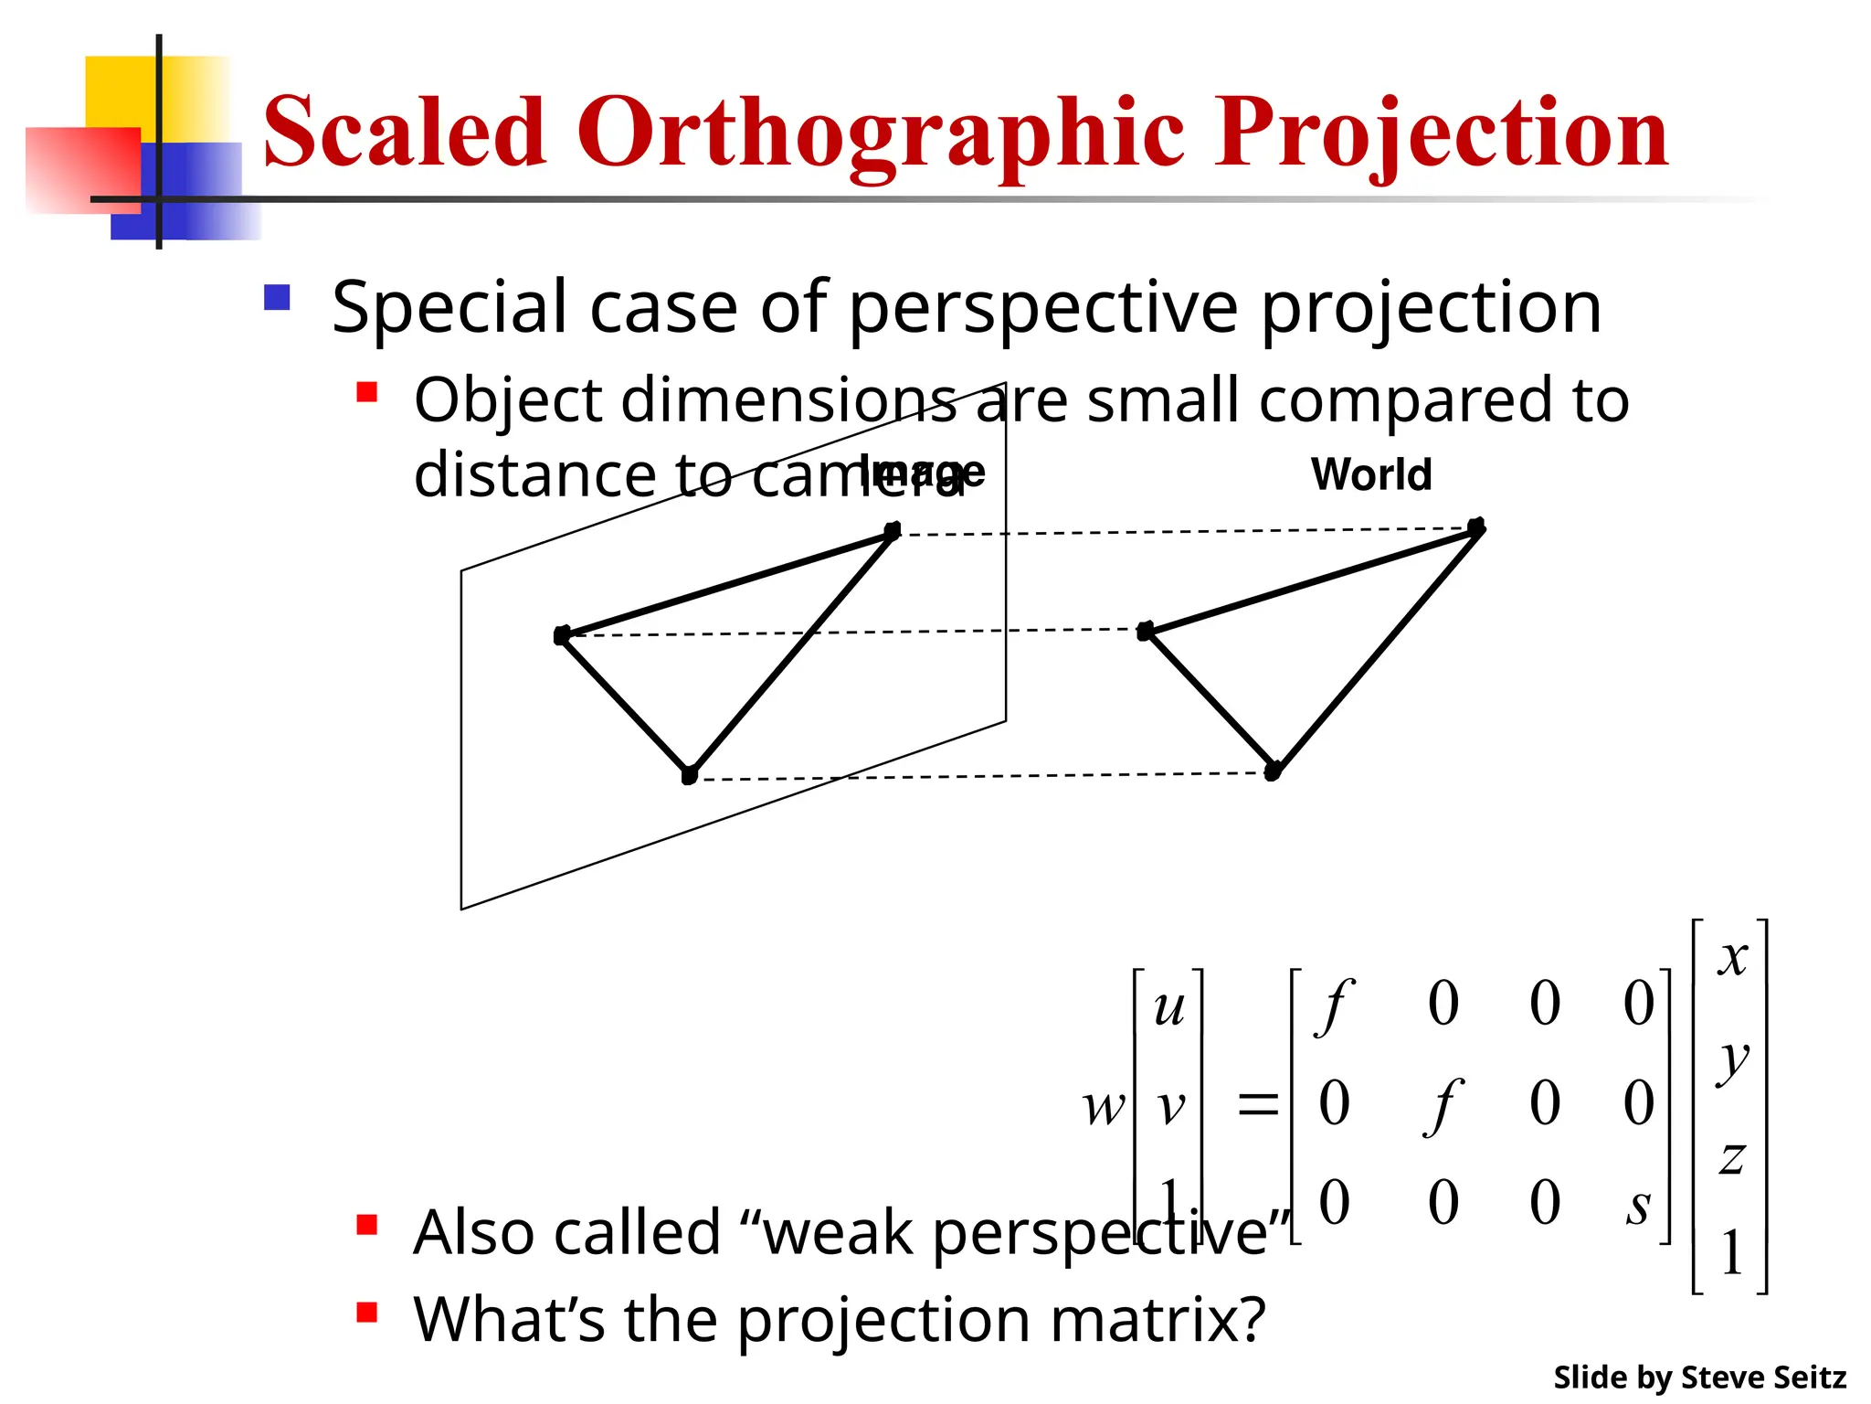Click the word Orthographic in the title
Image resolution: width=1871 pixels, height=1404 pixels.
[x=881, y=133]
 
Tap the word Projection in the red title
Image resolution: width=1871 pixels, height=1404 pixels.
[x=1442, y=133]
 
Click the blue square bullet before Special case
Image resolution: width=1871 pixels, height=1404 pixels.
[x=277, y=298]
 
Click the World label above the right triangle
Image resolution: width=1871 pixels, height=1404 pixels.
[x=1370, y=474]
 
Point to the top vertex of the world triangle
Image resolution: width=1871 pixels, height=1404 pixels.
[x=1476, y=526]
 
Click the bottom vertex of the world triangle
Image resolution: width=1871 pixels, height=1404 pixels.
[x=1273, y=771]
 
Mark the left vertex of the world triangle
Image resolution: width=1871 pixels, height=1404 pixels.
[x=1146, y=631]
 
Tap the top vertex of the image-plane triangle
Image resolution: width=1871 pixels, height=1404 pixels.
[x=893, y=531]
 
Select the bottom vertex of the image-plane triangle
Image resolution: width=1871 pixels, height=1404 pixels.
[x=690, y=775]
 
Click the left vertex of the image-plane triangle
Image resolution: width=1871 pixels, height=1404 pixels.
[x=562, y=635]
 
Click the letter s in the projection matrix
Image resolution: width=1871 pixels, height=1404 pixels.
[x=1639, y=1207]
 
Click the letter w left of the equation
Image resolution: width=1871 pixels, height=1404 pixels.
[x=1104, y=1108]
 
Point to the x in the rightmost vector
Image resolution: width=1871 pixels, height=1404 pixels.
[x=1732, y=958]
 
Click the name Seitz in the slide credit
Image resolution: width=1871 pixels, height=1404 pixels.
[x=1809, y=1377]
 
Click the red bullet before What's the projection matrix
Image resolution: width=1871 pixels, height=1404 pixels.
[x=367, y=1313]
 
